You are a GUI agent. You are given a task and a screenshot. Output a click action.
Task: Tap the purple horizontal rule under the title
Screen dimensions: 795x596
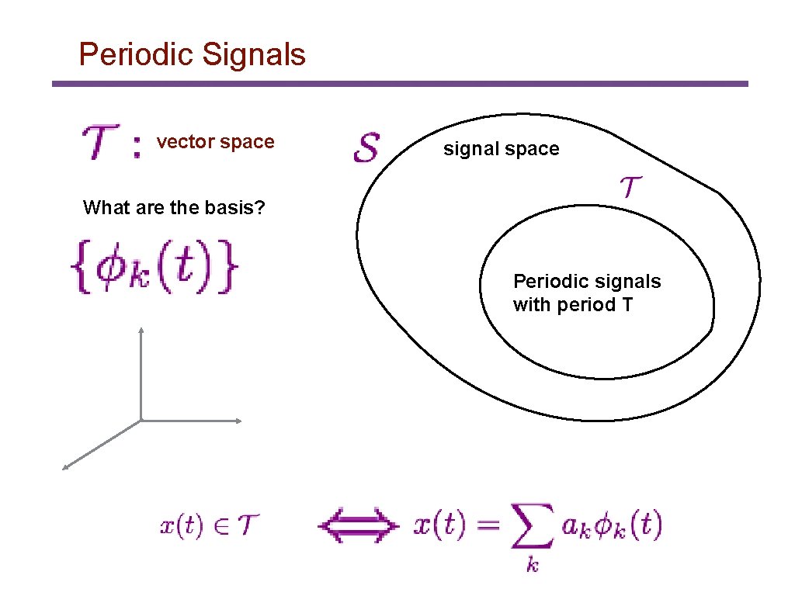click(x=400, y=84)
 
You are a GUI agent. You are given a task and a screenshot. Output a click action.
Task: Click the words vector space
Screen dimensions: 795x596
click(x=215, y=142)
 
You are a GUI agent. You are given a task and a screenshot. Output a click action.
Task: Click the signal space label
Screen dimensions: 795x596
click(x=501, y=149)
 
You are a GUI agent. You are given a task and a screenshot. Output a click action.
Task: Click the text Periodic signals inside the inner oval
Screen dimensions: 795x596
click(x=587, y=281)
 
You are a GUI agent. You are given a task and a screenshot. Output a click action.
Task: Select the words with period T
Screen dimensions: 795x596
click(x=573, y=304)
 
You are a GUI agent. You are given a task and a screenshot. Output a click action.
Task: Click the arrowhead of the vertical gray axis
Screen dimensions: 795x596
click(x=141, y=330)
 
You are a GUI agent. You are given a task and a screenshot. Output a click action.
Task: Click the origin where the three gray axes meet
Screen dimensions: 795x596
click(x=141, y=421)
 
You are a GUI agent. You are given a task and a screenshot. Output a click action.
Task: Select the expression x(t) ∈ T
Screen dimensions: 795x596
click(x=210, y=526)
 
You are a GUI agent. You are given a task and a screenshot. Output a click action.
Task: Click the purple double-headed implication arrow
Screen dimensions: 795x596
click(x=358, y=527)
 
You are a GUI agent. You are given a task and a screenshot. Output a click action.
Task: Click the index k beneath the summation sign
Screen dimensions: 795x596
click(x=533, y=565)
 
